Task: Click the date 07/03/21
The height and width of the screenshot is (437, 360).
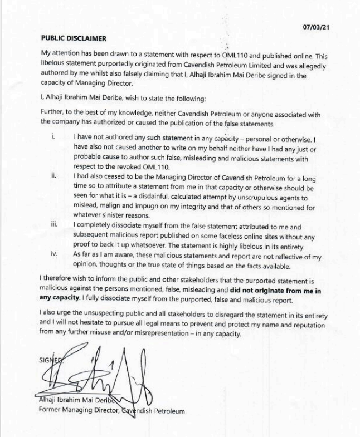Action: pos(315,27)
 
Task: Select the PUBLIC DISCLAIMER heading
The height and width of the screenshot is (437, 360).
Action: pos(74,38)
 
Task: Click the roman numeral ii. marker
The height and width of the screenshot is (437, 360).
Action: pos(53,175)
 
